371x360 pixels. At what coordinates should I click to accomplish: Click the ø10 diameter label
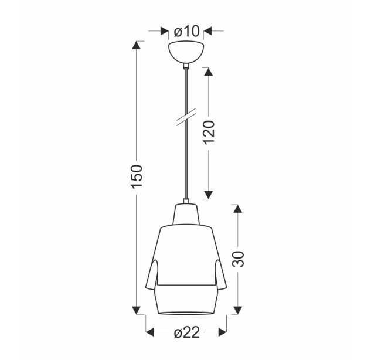187,31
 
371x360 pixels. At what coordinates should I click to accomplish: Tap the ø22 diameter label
187,332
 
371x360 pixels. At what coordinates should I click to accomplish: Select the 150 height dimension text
137,176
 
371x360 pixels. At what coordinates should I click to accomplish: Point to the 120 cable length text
209,133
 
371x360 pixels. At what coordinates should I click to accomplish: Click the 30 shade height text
238,259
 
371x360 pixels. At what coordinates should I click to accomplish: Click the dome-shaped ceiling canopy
186,52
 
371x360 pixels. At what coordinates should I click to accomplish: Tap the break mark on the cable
186,117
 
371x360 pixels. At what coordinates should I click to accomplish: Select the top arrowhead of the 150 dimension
137,45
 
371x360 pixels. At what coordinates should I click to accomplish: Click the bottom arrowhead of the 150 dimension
137,310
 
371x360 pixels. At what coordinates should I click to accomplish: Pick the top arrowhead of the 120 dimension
208,72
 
